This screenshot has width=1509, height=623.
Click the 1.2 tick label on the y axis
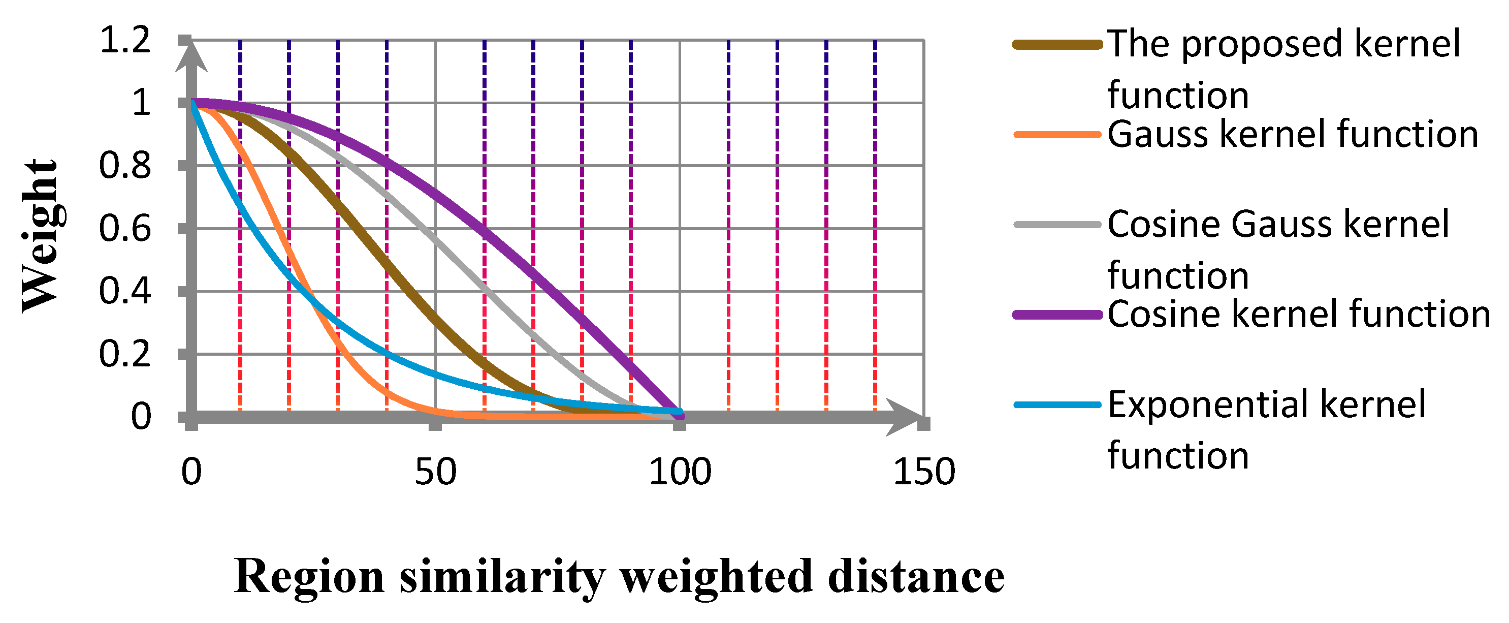coord(125,41)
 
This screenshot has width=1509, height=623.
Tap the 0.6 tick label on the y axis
coord(125,229)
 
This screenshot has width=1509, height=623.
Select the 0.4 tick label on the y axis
coord(125,291)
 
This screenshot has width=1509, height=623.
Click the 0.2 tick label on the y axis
coord(125,354)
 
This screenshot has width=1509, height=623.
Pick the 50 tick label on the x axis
coord(435,472)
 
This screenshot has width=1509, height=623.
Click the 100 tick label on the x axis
coord(680,472)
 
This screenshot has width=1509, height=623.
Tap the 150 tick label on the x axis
coord(924,472)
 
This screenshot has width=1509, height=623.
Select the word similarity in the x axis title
coord(503,577)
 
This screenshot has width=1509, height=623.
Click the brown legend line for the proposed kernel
coord(1057,45)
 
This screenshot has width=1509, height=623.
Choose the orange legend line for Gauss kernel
coord(1057,135)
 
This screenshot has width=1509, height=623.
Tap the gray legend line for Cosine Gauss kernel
coord(1057,225)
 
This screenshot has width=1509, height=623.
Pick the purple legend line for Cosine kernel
coord(1057,315)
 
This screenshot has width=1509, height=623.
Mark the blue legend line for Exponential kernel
coord(1057,404)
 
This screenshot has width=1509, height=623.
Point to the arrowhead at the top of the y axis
coord(191,56)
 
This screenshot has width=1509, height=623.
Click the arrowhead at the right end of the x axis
coord(905,417)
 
